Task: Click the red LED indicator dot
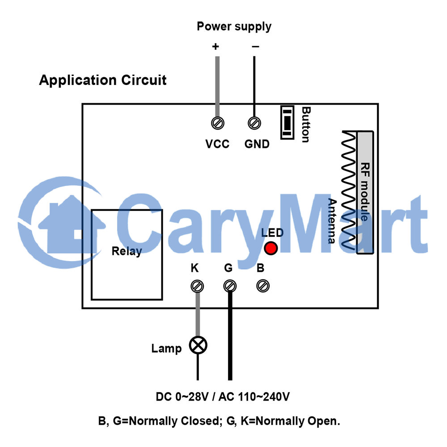270,248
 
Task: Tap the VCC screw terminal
218,123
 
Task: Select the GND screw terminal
254,123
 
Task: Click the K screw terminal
197,286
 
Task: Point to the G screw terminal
230,286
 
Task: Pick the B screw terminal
263,286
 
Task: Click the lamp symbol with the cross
198,345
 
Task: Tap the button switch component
287,122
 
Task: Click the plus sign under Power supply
215,46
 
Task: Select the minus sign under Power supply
255,46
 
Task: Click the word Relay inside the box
127,251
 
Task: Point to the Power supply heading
234,27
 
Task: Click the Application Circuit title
103,80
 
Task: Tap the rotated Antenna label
332,221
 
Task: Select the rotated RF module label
365,192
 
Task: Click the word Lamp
166,349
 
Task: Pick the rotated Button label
306,125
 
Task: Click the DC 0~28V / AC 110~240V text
223,396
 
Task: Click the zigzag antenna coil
349,190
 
